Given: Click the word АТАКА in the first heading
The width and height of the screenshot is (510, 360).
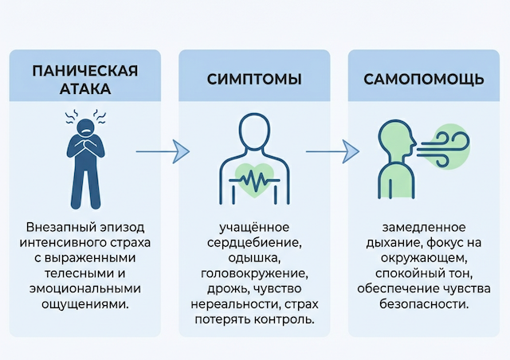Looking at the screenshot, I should coord(85,89).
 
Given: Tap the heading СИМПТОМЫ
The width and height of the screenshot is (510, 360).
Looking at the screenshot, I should coord(253,80).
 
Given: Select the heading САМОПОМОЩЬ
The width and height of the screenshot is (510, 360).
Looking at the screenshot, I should coord(424,80).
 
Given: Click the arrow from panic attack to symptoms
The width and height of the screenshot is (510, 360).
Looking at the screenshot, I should coord(163,151).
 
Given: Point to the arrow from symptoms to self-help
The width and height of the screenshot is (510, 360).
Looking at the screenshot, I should coord(333,151).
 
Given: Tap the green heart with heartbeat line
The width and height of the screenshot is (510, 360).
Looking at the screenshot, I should coord(254,178).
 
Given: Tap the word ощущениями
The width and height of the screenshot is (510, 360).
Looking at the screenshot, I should coord(85,306).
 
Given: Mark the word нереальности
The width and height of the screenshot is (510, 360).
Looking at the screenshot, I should coord(233,306).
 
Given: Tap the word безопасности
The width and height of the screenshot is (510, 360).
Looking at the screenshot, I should coord(424,306).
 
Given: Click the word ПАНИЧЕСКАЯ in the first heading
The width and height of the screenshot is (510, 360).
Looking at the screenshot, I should coord(85,70).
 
